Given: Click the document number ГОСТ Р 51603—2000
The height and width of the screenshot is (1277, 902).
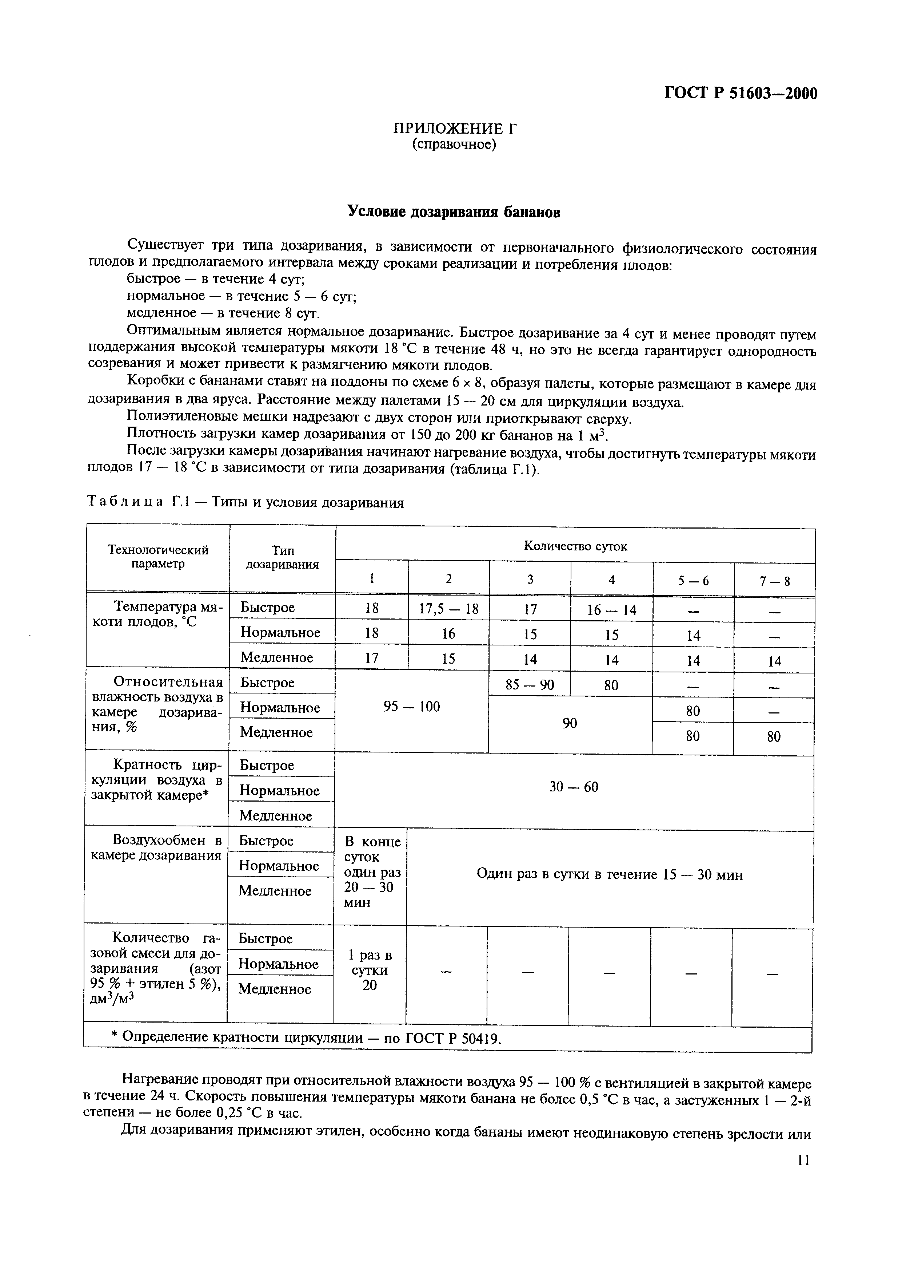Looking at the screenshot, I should tap(741, 94).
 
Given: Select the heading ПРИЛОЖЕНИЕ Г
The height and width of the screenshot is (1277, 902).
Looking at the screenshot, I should tap(455, 129).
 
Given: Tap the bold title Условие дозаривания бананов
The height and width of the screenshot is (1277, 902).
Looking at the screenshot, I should tap(454, 212).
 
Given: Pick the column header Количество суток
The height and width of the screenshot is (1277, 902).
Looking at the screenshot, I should tap(575, 546).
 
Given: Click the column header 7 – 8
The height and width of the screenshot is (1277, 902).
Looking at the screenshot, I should tap(774, 582).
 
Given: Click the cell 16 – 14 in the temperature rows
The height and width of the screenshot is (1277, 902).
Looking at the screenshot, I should tap(611, 610).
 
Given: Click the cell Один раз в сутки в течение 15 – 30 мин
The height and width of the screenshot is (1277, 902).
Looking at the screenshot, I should tap(609, 875).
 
